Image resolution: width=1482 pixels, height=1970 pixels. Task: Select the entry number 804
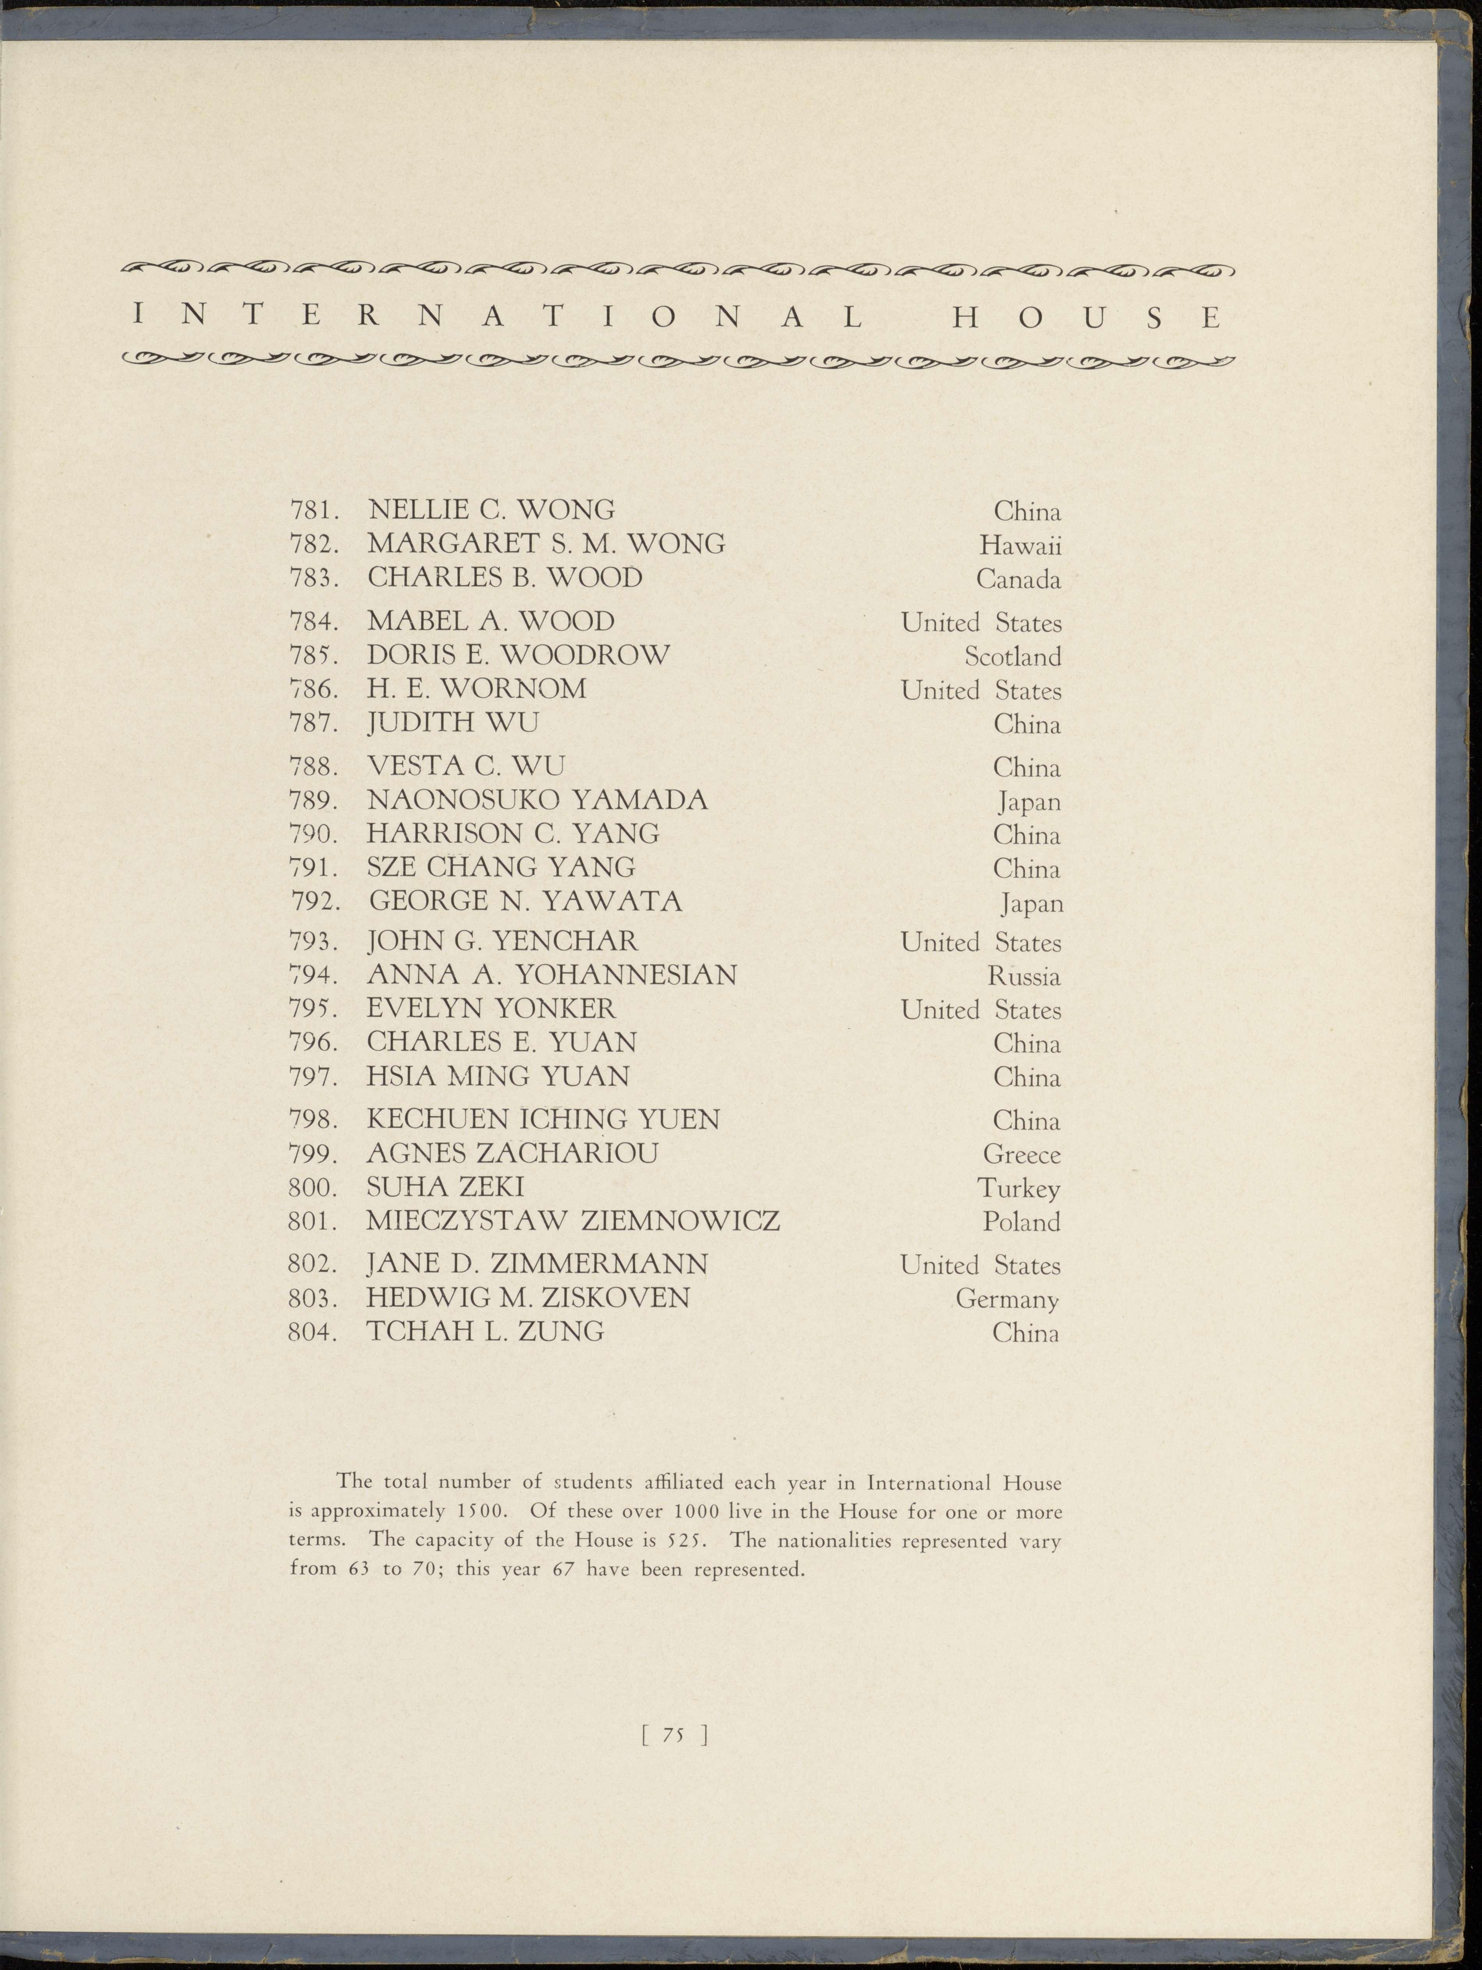point(312,1332)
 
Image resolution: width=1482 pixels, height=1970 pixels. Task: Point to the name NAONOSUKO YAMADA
point(537,800)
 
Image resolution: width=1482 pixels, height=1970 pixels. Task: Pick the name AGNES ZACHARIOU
point(512,1153)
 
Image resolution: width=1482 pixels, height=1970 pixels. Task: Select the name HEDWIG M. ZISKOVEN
point(528,1297)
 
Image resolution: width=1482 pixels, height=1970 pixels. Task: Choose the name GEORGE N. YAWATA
point(525,901)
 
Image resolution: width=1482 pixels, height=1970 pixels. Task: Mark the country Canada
point(1018,580)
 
